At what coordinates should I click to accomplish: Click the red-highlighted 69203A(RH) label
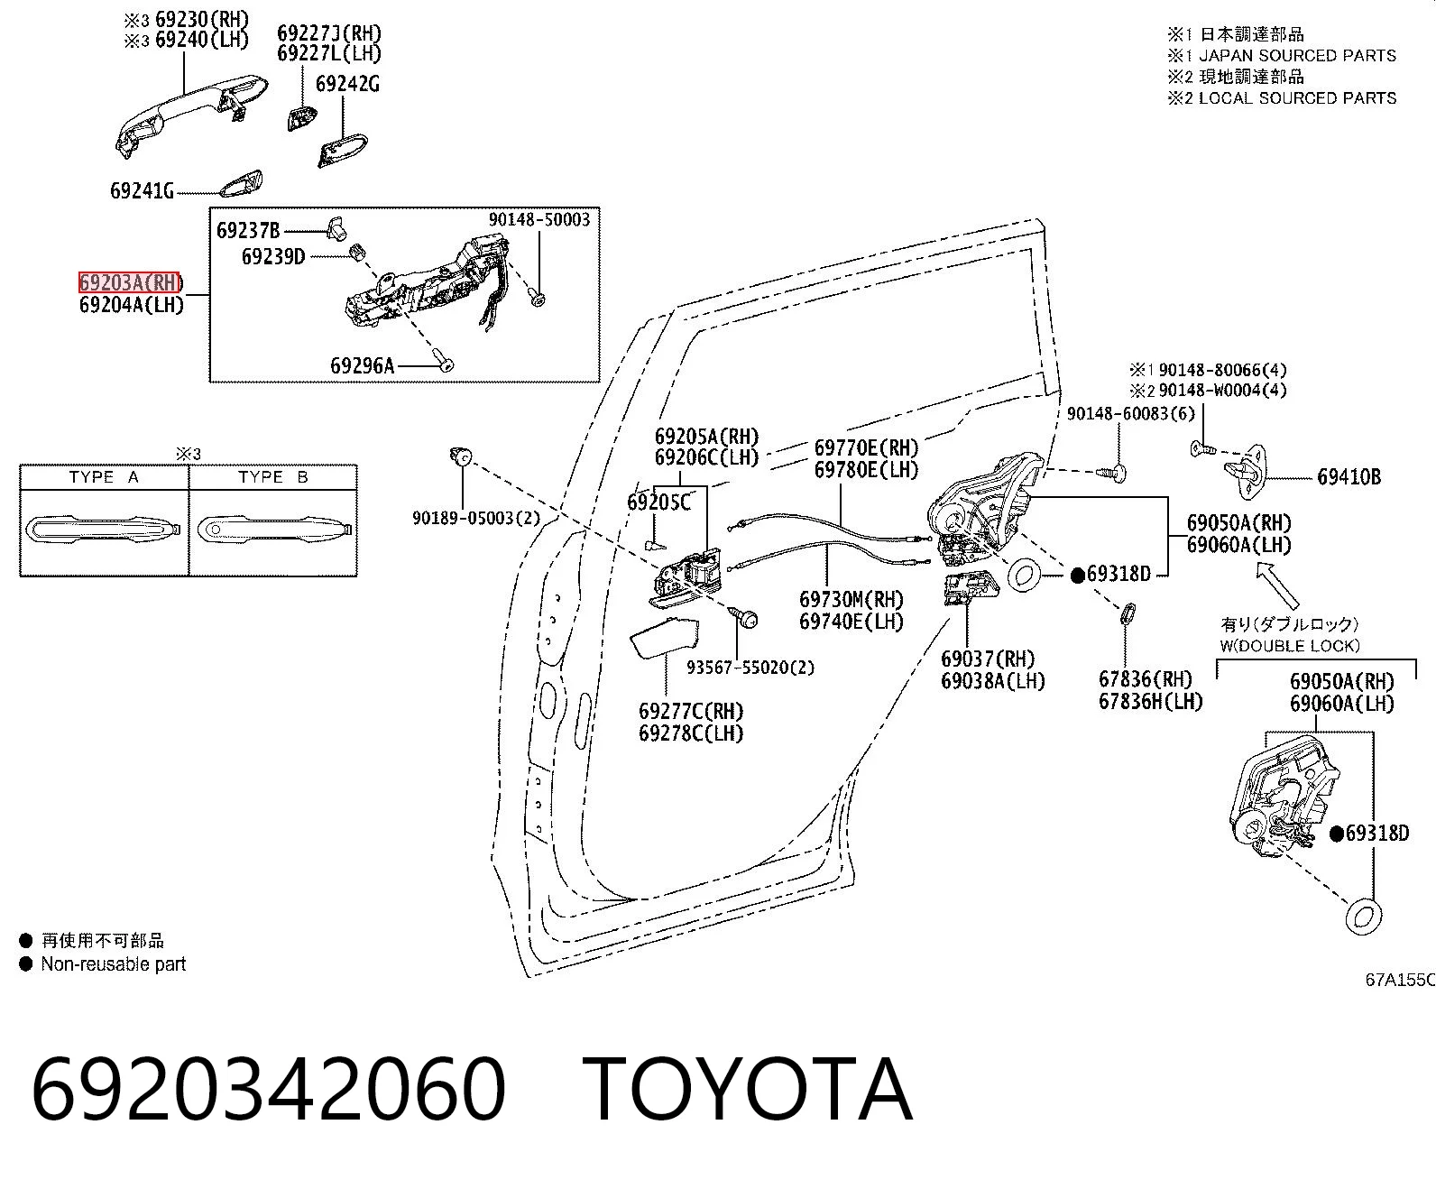click(129, 282)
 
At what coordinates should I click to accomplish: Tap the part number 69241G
click(142, 190)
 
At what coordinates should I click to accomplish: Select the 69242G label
click(347, 84)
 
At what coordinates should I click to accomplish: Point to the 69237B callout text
click(248, 231)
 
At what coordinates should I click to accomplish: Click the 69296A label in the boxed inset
click(363, 365)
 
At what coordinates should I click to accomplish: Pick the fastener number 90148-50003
click(539, 219)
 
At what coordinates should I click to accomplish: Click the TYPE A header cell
click(104, 477)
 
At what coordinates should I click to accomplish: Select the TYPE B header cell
click(273, 477)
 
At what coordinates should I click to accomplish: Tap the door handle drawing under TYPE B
click(275, 529)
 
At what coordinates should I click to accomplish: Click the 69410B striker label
click(1349, 477)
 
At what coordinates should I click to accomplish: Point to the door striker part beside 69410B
click(1245, 471)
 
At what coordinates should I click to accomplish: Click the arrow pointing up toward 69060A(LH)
click(1276, 585)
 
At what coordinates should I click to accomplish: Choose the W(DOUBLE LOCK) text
click(1290, 646)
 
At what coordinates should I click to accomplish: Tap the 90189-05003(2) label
click(476, 518)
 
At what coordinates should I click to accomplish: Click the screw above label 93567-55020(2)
click(743, 616)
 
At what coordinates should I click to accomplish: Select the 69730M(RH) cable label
click(851, 599)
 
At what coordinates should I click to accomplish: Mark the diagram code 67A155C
click(1400, 979)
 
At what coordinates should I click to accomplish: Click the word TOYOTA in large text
click(748, 1092)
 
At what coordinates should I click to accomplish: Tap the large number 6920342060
click(268, 1092)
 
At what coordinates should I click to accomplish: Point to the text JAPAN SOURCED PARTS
click(1297, 56)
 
